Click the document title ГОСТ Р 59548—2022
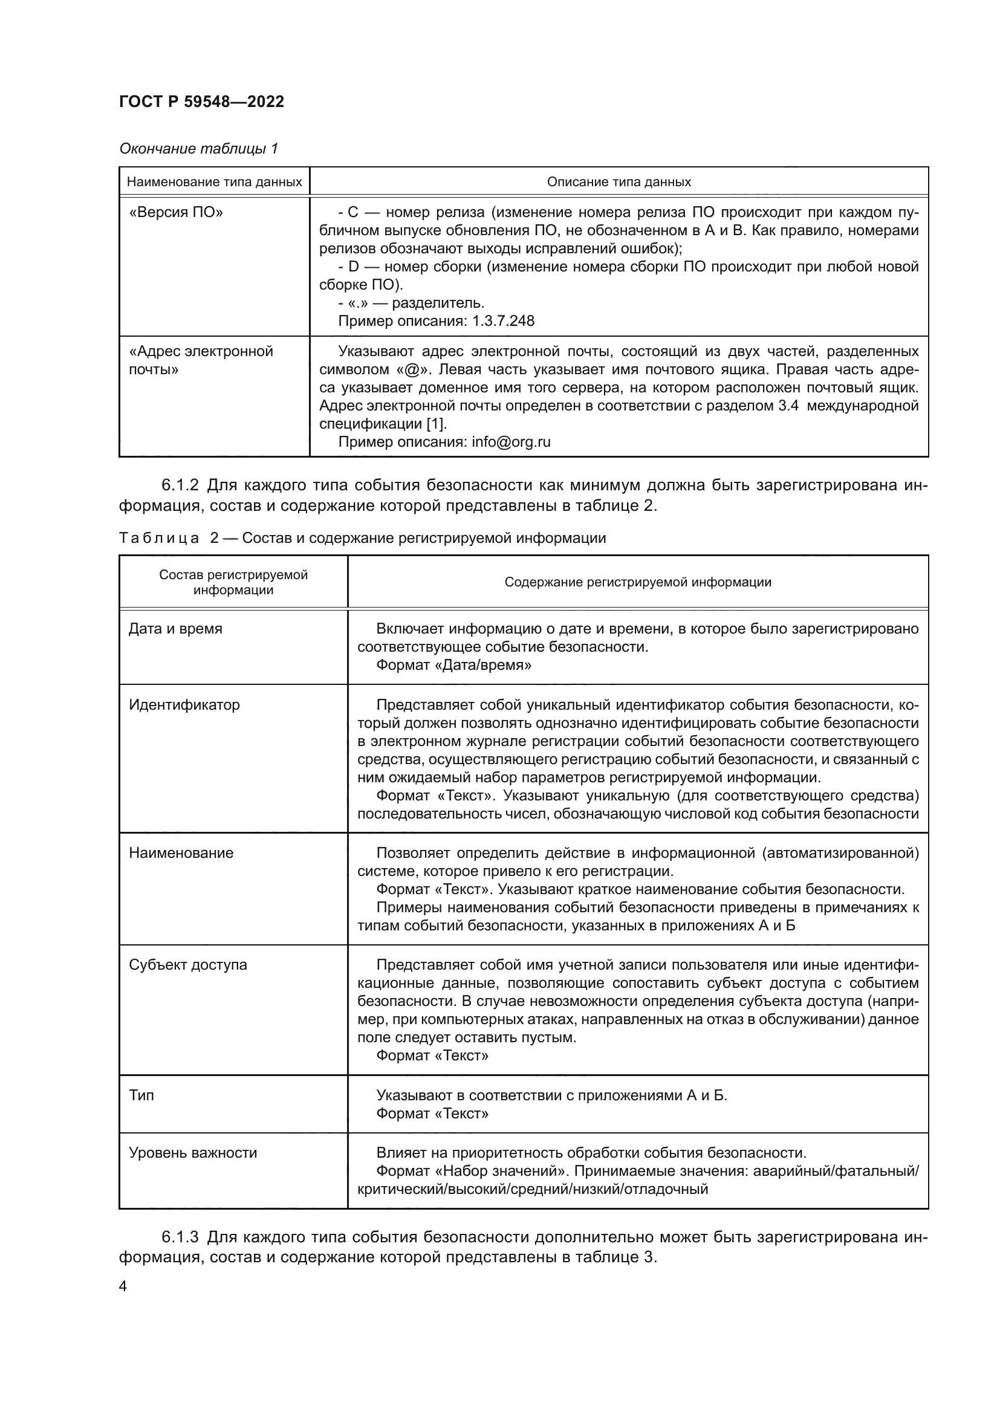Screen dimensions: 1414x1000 tap(201, 102)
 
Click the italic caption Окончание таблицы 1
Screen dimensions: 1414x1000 tap(198, 149)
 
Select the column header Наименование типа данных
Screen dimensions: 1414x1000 tap(214, 183)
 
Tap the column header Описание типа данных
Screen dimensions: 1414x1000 tap(619, 183)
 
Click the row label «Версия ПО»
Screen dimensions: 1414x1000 tap(176, 212)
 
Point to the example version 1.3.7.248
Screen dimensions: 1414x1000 tap(503, 321)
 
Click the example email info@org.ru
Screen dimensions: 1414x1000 tap(511, 441)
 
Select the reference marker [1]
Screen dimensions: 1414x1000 tap(437, 424)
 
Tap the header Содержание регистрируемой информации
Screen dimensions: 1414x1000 tap(638, 582)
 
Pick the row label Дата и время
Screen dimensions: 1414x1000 tap(175, 629)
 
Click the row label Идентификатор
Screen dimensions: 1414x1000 tap(184, 704)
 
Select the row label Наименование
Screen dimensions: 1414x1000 tap(181, 853)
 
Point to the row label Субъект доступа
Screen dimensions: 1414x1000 tap(188, 965)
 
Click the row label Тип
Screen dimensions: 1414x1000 tap(141, 1095)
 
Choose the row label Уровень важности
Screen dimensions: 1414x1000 tap(193, 1153)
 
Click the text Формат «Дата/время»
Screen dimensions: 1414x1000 tap(454, 665)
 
